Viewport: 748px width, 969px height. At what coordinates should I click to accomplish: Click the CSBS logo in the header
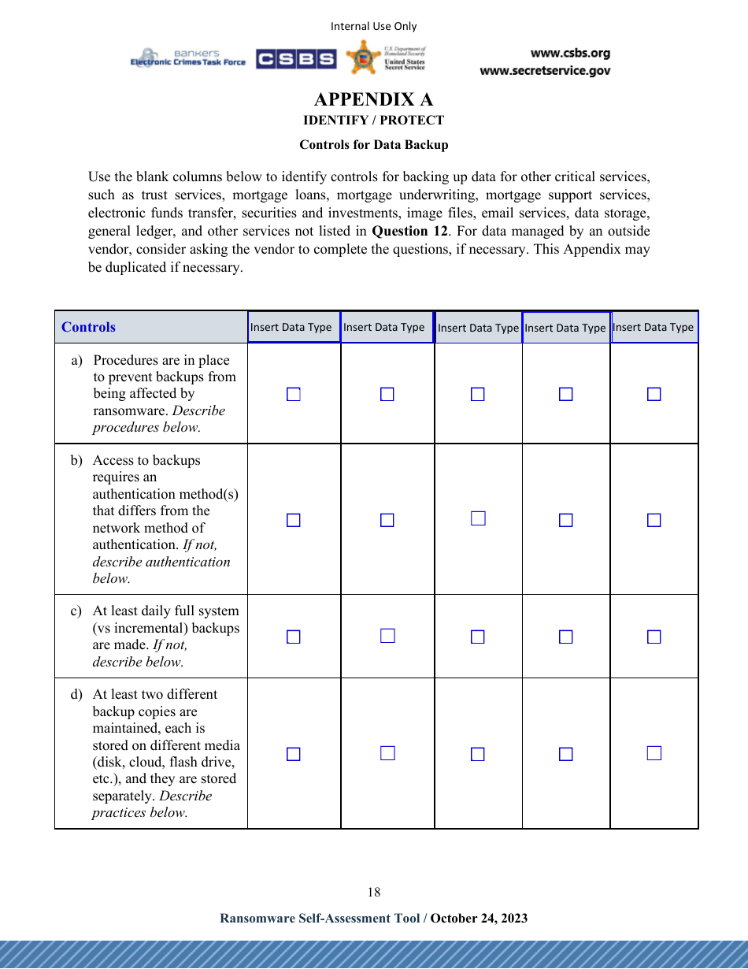(295, 59)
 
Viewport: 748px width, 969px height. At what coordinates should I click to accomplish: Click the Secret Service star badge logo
(363, 58)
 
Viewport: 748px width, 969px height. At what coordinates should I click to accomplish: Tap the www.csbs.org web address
(570, 54)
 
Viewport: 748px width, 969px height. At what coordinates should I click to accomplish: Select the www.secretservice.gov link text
(545, 71)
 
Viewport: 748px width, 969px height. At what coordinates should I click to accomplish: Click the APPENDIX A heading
(373, 99)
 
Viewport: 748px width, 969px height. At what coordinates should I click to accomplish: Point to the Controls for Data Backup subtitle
(373, 145)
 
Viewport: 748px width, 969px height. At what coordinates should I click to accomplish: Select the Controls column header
(88, 327)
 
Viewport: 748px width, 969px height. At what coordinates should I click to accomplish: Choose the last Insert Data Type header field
(654, 327)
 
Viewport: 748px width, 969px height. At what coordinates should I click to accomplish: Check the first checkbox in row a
(293, 394)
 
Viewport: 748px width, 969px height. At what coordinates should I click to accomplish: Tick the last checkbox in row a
(654, 394)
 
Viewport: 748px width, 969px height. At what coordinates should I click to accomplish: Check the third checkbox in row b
(478, 518)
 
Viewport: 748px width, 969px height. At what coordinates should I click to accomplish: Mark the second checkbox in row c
(387, 636)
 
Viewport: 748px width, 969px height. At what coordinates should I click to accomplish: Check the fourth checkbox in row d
(565, 754)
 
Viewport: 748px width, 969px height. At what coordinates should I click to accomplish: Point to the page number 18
(373, 892)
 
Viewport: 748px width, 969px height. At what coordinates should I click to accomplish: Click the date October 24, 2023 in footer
(479, 919)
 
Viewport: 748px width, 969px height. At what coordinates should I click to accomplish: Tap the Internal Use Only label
(373, 26)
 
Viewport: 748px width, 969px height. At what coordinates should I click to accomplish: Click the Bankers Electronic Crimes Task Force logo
(188, 58)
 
